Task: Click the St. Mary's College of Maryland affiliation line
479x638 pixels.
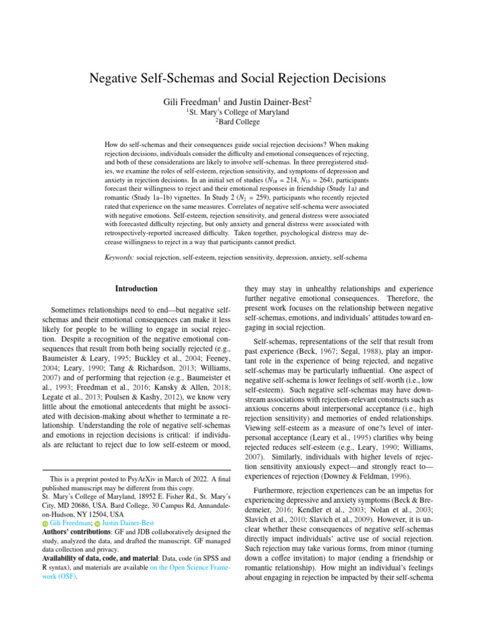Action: [239, 112]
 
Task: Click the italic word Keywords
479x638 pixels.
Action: [119, 256]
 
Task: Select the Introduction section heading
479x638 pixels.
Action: [136, 288]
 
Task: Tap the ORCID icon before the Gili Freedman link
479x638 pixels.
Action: [45, 523]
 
